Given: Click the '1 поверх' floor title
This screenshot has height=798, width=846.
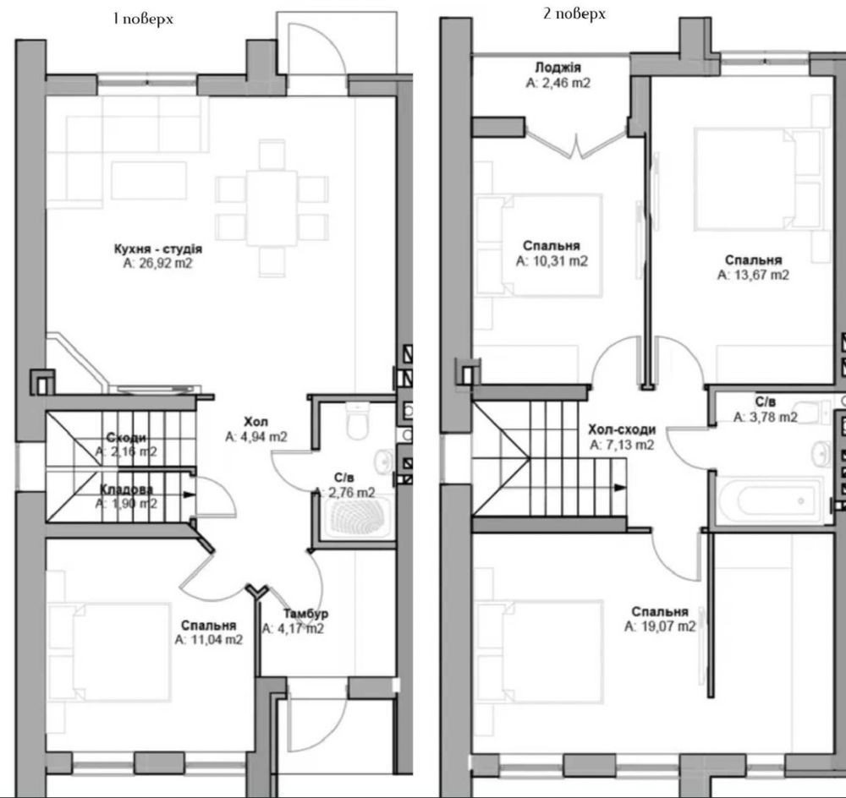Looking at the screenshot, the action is (143, 19).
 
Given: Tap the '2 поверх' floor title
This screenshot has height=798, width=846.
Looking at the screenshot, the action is (574, 14).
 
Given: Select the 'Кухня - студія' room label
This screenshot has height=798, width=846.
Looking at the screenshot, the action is (158, 249).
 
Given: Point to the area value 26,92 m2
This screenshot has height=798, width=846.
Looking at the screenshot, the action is (157, 263).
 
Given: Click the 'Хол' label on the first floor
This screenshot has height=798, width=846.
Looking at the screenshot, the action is (255, 422).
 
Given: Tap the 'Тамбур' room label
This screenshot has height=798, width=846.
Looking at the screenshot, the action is (306, 614).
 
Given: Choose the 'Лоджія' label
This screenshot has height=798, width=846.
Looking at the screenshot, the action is (558, 68).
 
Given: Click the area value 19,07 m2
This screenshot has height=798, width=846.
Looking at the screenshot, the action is (660, 626).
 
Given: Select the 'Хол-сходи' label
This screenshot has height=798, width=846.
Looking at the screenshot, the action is (622, 429).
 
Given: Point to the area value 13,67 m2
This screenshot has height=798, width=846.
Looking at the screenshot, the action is (753, 275).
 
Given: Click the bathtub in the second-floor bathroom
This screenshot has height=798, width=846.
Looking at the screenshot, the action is (769, 500).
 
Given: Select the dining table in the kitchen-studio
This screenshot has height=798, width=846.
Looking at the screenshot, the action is (272, 208).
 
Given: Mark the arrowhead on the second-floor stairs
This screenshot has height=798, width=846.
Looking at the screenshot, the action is (620, 488).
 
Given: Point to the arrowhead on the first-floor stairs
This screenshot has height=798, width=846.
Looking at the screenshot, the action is (189, 495).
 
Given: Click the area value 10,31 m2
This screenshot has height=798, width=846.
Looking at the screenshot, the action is (552, 261).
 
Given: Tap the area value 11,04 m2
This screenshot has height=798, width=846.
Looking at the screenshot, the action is (208, 639).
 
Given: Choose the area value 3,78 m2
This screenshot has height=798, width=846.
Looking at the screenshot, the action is (765, 417).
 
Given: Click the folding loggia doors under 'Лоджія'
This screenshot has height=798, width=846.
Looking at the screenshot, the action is (576, 145).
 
